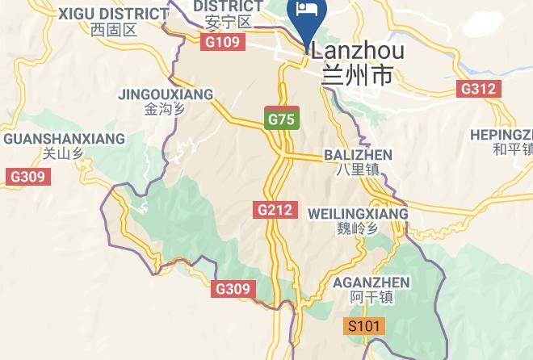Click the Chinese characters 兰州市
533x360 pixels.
(x=357, y=76)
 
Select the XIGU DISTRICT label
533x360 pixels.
(x=113, y=14)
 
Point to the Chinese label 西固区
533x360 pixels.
(x=114, y=31)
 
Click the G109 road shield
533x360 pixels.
(x=223, y=41)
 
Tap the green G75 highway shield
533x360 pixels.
(x=282, y=119)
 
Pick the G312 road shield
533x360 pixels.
(x=478, y=89)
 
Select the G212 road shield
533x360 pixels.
(x=275, y=210)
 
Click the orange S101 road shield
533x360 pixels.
(x=363, y=326)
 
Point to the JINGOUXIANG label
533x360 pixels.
(x=166, y=94)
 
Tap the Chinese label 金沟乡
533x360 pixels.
(x=166, y=109)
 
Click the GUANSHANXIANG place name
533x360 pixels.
(x=64, y=139)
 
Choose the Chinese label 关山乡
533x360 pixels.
(x=63, y=153)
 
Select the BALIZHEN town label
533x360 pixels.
(x=358, y=154)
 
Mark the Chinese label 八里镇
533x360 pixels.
(x=358, y=170)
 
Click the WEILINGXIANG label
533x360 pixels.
(x=358, y=213)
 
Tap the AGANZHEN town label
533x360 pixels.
(x=371, y=283)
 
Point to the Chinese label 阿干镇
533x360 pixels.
(x=371, y=298)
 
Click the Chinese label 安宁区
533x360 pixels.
(x=223, y=22)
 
